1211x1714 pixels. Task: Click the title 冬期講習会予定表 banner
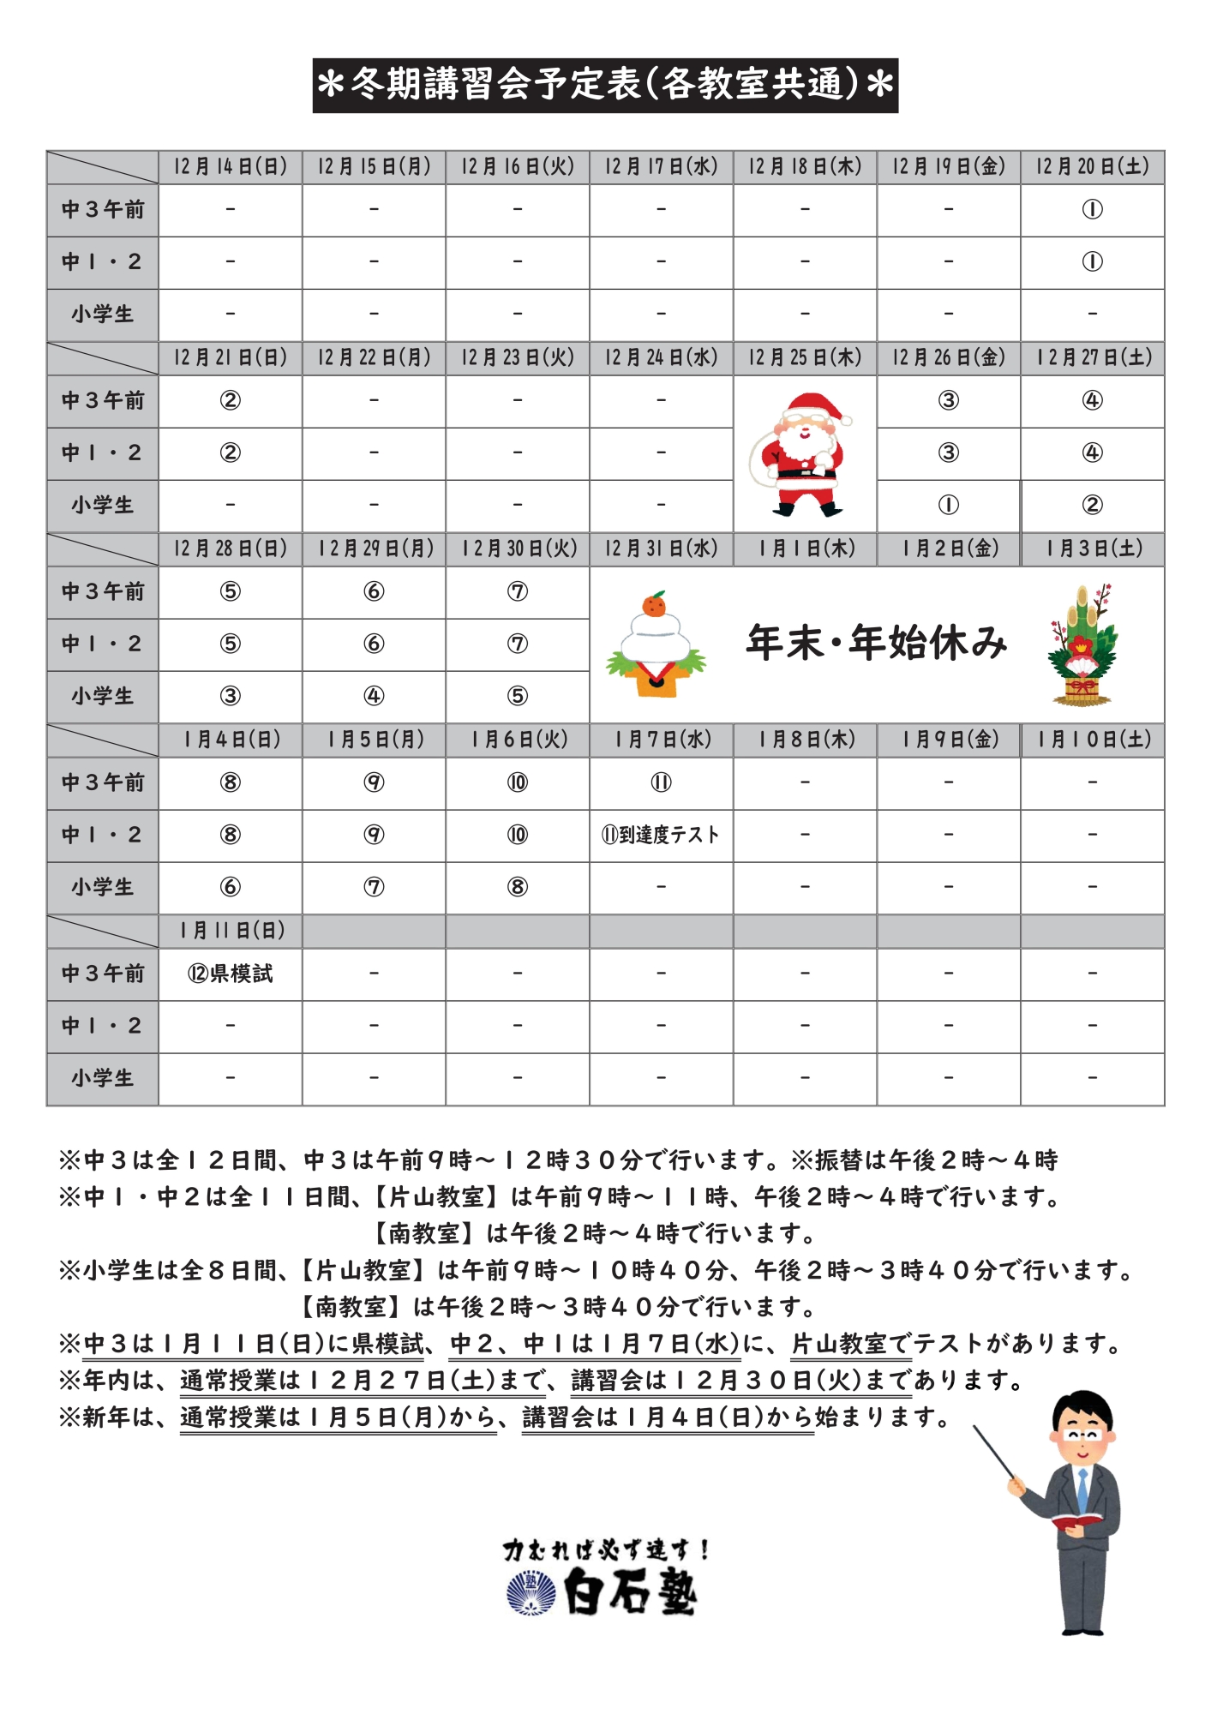point(605,85)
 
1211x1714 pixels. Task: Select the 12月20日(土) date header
point(1092,166)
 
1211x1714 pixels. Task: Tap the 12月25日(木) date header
point(805,357)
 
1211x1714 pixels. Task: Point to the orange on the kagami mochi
point(655,606)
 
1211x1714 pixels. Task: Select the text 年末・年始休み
point(876,643)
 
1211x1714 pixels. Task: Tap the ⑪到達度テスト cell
point(661,835)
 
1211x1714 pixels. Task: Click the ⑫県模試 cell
point(230,974)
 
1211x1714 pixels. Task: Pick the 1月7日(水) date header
point(661,740)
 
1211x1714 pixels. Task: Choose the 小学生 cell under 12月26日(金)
point(948,506)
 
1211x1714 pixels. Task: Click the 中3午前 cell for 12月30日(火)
point(518,591)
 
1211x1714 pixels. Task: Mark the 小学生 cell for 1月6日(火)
point(518,887)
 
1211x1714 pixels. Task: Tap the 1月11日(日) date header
point(230,931)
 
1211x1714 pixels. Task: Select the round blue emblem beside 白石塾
point(531,1593)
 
